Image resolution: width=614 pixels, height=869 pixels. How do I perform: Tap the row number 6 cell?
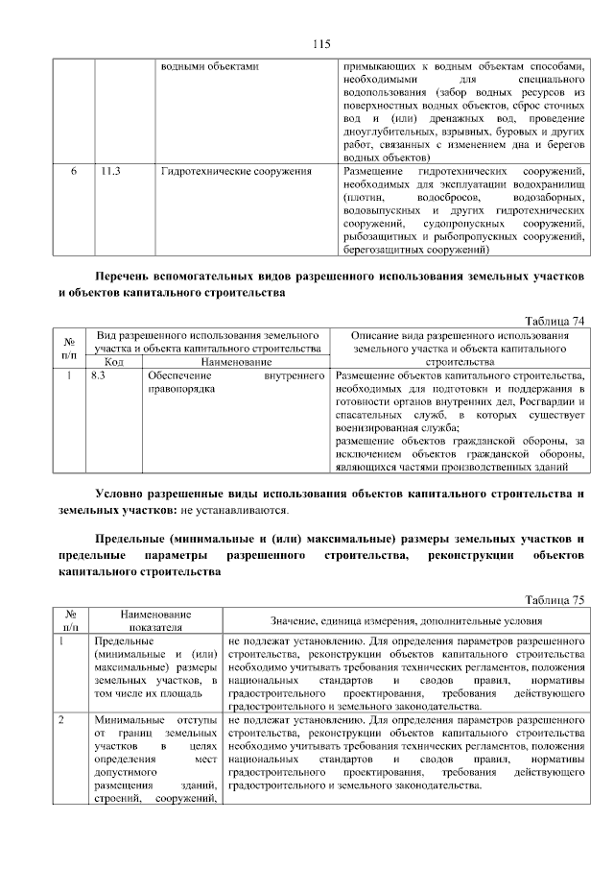74,172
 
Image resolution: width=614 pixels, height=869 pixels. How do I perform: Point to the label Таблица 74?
554,321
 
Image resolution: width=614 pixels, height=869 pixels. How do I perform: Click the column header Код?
114,362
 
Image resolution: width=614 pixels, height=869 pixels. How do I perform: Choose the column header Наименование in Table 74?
236,362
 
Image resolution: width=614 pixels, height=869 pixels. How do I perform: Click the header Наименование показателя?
155,619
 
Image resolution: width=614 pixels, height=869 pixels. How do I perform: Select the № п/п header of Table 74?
69,348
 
